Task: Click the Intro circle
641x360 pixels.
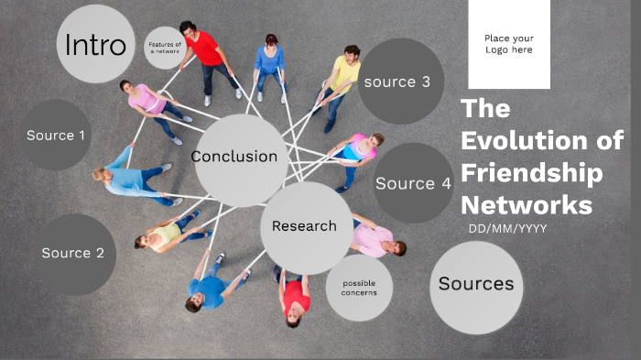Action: click(95, 44)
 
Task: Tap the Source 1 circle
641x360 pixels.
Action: click(56, 136)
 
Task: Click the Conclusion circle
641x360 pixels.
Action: click(234, 158)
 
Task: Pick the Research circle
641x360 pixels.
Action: click(305, 226)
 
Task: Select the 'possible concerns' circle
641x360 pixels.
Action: click(359, 288)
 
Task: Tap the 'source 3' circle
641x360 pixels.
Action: click(397, 82)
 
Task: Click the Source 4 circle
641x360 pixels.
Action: click(413, 183)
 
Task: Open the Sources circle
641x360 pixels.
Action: click(476, 285)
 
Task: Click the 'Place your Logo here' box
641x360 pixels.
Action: click(508, 44)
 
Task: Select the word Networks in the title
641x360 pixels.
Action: click(527, 204)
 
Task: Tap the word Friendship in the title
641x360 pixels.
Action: click(532, 172)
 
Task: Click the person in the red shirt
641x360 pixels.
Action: click(205, 50)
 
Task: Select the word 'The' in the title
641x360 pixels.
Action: click(485, 108)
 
